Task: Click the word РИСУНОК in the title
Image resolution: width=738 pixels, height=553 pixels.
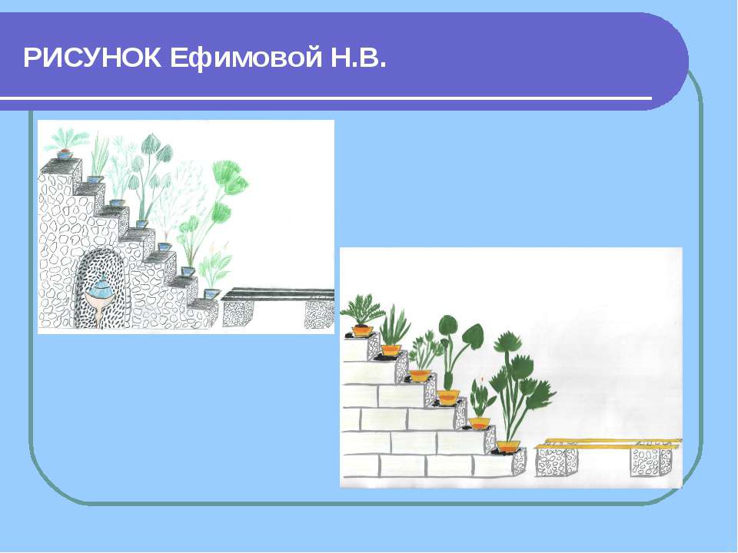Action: coord(92,58)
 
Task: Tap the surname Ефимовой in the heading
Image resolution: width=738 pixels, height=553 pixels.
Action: coord(245,58)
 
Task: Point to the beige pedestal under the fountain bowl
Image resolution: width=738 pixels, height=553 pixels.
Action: coord(99,313)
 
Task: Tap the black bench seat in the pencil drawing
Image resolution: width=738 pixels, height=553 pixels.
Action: coord(278,294)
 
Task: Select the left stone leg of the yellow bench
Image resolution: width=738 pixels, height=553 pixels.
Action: coord(556,461)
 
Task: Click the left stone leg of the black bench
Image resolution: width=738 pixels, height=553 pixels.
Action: coord(238,313)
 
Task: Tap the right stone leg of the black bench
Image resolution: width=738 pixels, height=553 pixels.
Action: coord(320,314)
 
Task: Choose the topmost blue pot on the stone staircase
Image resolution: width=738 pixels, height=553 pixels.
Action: coord(65,154)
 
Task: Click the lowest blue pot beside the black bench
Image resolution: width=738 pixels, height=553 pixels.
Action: coord(212,294)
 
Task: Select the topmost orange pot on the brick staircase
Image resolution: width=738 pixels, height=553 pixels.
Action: coord(362,330)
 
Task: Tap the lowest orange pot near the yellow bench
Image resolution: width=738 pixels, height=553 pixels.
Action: coord(508,445)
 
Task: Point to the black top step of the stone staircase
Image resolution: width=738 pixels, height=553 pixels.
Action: coord(60,164)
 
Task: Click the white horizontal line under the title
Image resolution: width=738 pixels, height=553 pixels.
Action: coord(326,98)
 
